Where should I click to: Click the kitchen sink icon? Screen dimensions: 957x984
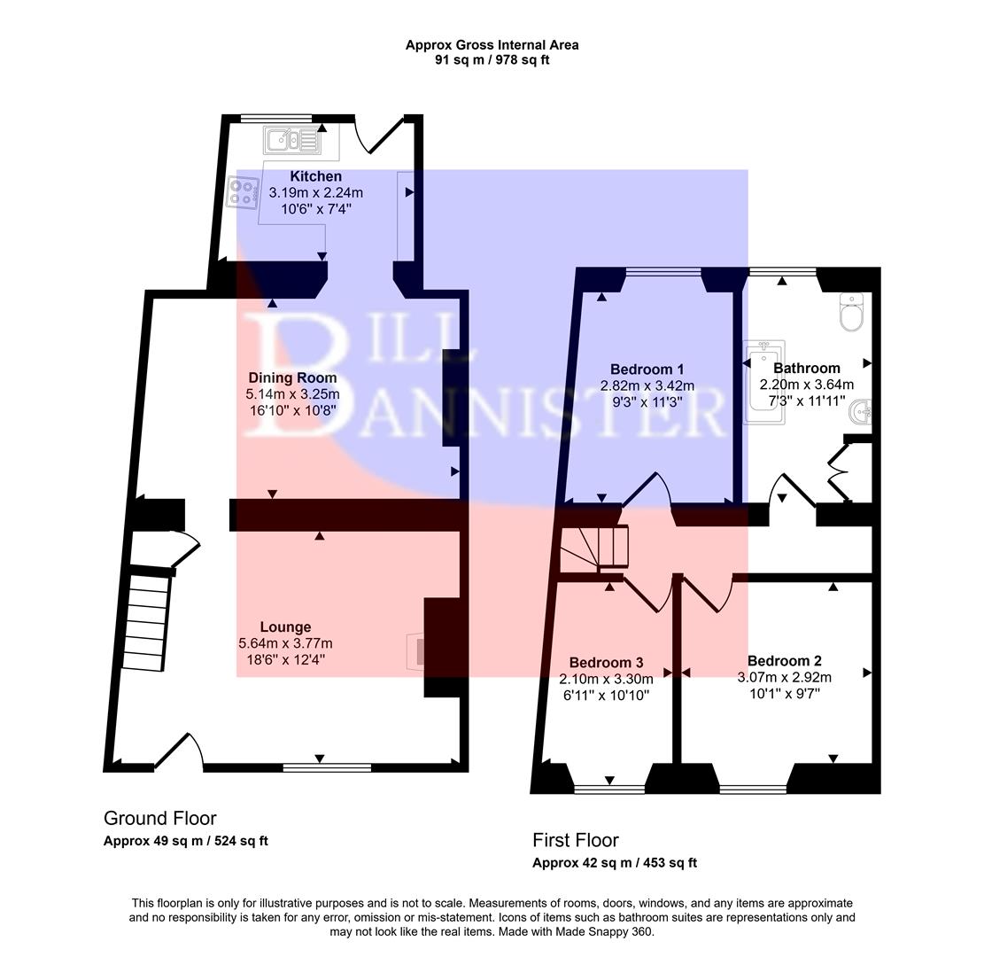tap(290, 139)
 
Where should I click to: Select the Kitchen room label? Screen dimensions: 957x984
tap(315, 176)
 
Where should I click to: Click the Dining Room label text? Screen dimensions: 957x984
tap(292, 377)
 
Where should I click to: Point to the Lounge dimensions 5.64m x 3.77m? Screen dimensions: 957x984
tap(285, 643)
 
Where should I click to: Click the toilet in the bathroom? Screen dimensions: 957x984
tap(851, 312)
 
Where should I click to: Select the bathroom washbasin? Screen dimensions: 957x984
tap(863, 411)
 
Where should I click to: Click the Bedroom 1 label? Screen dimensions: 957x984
tap(647, 370)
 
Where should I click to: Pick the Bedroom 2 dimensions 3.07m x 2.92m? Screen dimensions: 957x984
tap(784, 677)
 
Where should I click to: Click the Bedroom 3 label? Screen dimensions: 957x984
tap(606, 663)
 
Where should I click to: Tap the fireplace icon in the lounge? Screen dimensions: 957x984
tap(416, 650)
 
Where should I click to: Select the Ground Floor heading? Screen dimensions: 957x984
tap(159, 818)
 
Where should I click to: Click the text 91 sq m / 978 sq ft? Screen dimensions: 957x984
tap(492, 60)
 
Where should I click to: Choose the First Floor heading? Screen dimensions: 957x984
tap(575, 840)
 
